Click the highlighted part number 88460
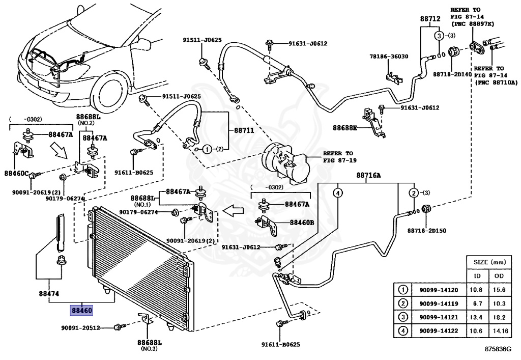pos(81,310)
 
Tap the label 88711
pos(244,130)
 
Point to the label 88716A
pos(368,176)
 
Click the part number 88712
pos(430,19)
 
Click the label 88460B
pos(302,223)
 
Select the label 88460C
pos(17,173)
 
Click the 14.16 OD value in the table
pos(497,331)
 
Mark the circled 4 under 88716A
pos(338,193)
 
